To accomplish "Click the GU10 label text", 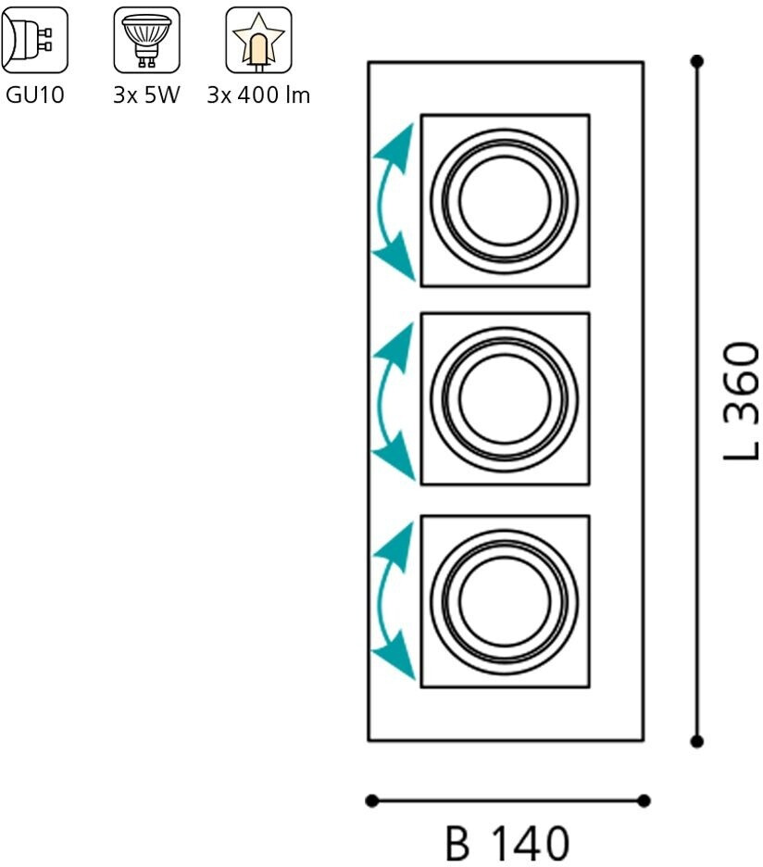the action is click(34, 95).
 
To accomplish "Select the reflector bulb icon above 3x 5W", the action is click(146, 40).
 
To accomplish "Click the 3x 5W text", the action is click(146, 95).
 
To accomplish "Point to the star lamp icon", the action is click(258, 40).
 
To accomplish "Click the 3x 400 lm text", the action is click(258, 95).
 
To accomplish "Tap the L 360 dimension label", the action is click(742, 401).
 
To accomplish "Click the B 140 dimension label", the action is click(507, 844).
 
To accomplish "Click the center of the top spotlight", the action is click(505, 200).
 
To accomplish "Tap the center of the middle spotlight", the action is click(505, 399).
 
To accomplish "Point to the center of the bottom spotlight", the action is click(505, 601).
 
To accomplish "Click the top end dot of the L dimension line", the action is click(697, 62).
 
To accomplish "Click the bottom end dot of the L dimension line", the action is click(697, 741).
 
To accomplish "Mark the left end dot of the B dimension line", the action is click(371, 800).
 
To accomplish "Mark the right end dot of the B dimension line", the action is click(644, 800).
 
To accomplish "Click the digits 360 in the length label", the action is click(742, 381).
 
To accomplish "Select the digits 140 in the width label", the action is click(529, 844).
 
